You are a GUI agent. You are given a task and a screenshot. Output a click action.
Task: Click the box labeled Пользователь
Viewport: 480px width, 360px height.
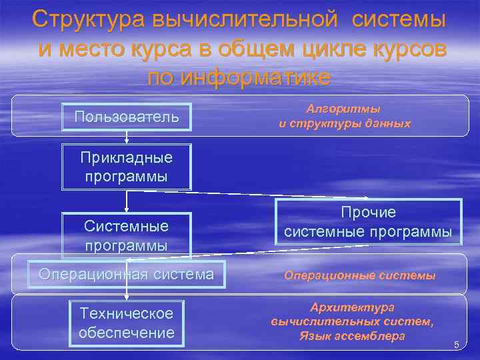click(x=127, y=117)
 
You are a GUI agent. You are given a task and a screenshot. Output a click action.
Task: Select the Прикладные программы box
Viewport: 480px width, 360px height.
click(x=127, y=167)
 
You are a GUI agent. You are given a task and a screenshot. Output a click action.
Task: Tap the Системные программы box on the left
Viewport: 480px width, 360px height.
click(x=127, y=235)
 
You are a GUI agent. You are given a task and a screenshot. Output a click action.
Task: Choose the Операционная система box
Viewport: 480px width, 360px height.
click(x=127, y=274)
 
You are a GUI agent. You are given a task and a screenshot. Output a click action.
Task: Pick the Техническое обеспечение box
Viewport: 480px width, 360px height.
click(x=126, y=323)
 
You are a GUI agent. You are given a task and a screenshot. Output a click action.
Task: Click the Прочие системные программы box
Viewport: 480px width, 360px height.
click(x=368, y=222)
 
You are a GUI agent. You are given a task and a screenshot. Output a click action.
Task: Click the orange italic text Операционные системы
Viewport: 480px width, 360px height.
click(x=360, y=275)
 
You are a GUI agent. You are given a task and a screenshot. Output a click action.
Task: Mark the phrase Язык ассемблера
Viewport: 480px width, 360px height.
click(x=353, y=336)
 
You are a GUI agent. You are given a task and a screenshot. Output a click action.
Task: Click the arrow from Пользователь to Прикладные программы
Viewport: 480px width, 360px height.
click(x=127, y=137)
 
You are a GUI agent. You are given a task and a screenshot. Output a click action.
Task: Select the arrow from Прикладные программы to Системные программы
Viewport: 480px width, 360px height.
click(x=127, y=201)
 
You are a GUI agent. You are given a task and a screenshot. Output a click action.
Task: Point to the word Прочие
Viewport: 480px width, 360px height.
click(x=368, y=213)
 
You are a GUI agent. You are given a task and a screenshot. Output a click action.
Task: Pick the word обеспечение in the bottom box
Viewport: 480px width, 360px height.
click(x=126, y=332)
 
